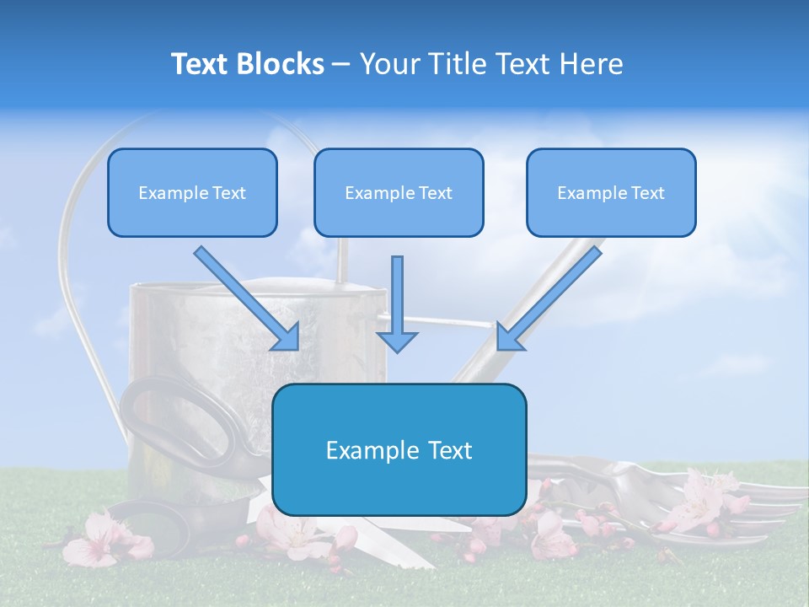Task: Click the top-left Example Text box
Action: [192, 192]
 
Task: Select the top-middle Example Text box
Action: [399, 192]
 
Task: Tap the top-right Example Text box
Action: [611, 192]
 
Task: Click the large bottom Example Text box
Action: [399, 449]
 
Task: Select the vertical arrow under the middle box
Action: [397, 303]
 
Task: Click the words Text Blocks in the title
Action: [247, 64]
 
